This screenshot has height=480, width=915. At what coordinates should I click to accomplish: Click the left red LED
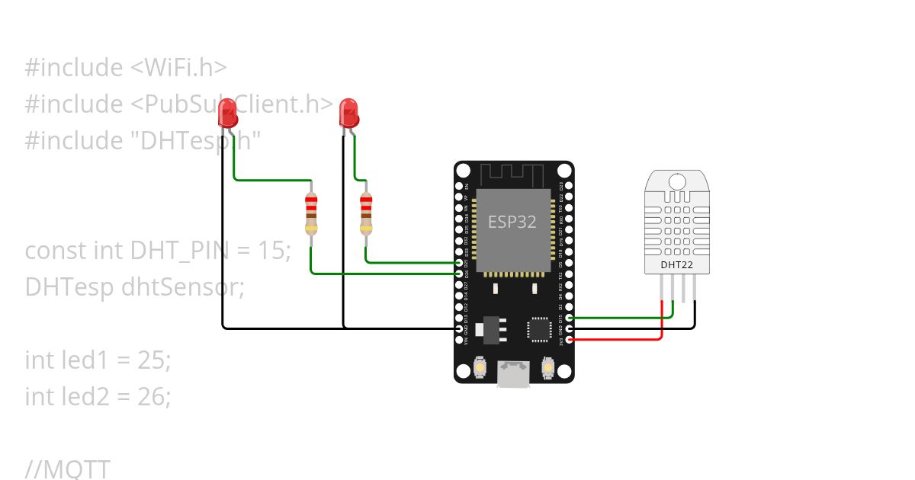point(227,114)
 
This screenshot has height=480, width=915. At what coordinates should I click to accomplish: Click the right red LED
point(348,114)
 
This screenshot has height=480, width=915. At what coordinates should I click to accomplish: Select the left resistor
point(311,213)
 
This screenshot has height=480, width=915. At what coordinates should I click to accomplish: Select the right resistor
point(366,213)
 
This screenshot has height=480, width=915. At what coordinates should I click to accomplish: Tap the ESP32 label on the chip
point(512,222)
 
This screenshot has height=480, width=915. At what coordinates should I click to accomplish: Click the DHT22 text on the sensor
point(678,265)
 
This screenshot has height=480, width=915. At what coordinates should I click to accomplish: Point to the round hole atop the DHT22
point(677,181)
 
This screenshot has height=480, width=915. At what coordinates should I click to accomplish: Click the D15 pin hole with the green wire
point(569,318)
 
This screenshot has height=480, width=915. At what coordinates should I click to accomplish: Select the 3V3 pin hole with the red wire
point(569,340)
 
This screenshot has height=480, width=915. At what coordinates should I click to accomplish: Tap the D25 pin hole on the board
point(459,262)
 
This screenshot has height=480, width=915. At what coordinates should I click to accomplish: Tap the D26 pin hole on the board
point(459,273)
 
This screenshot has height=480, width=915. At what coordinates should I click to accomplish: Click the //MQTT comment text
point(68,469)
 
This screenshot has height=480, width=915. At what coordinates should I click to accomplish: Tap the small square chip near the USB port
point(539,328)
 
